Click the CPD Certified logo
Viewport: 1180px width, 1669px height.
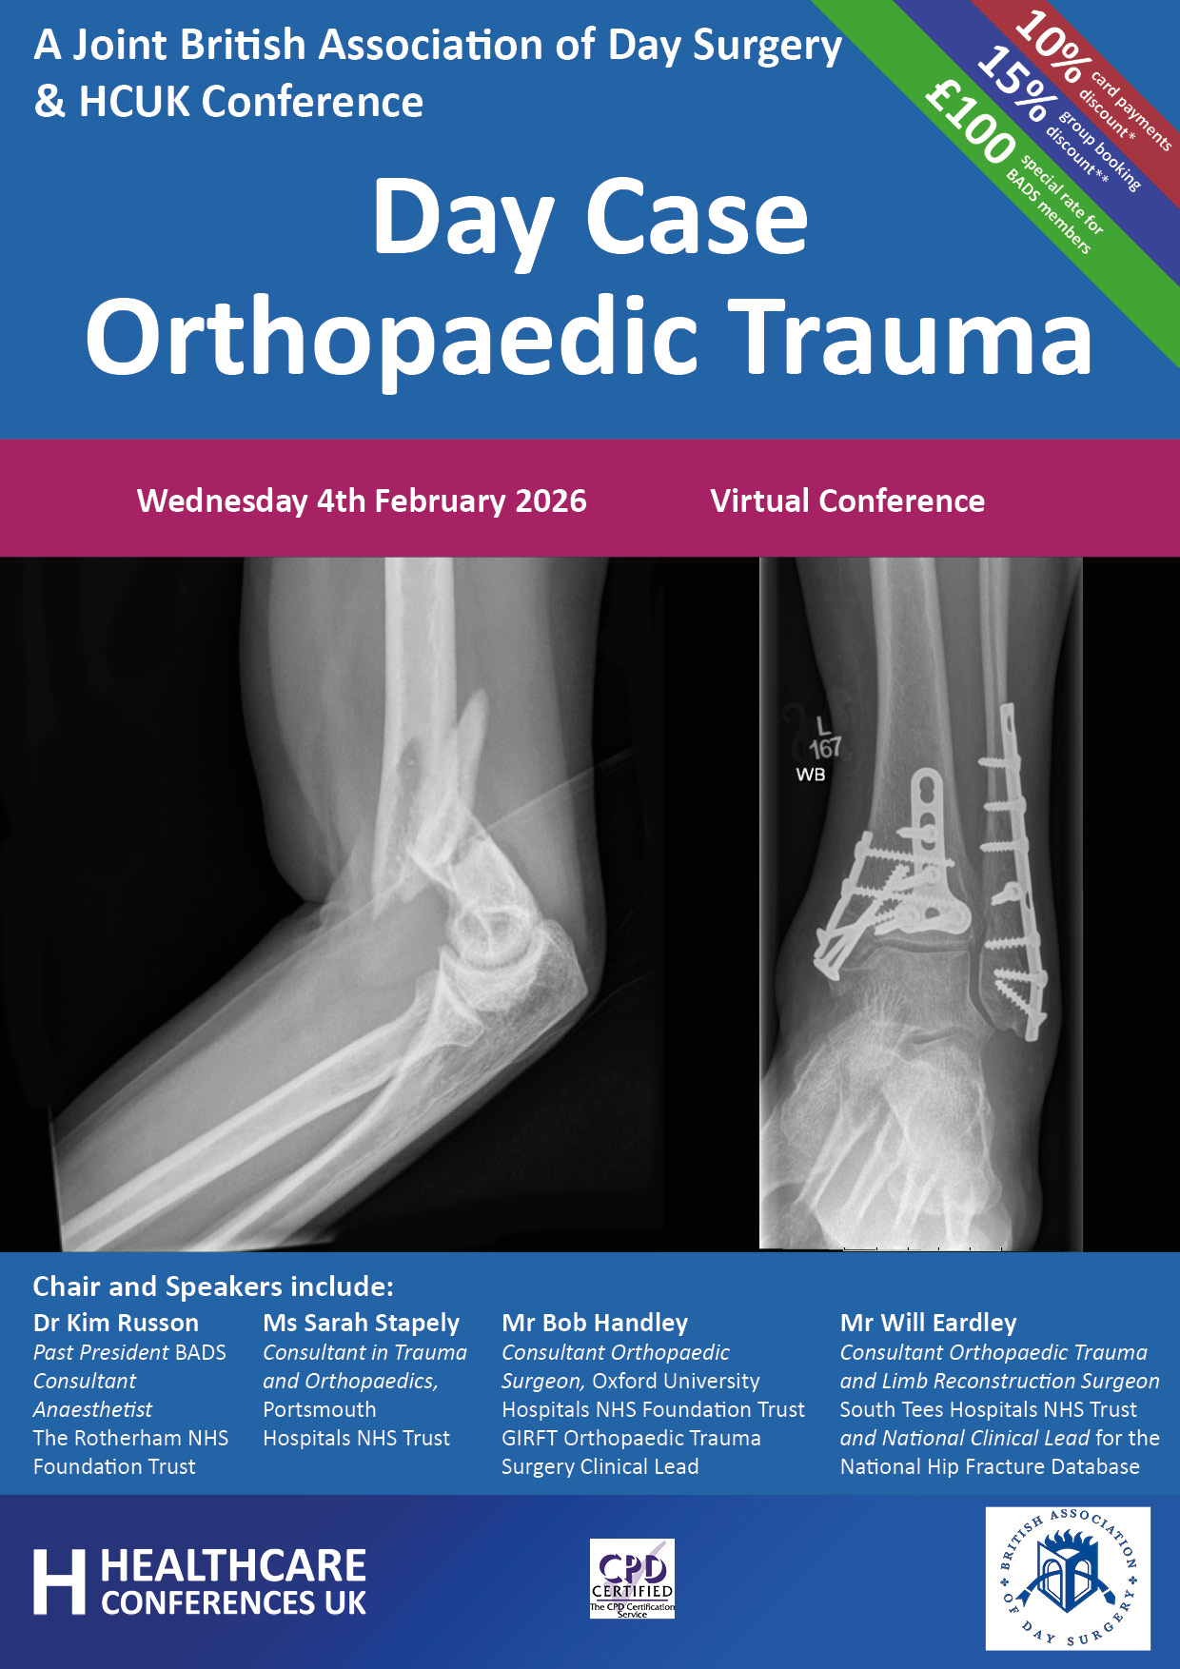[x=632, y=1579]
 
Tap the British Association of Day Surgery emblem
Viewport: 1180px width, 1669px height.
[x=1068, y=1579]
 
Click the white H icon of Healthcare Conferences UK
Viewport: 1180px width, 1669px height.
[x=59, y=1582]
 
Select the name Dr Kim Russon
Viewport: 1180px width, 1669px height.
[x=116, y=1323]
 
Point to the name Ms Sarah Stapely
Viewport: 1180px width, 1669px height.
[x=362, y=1324]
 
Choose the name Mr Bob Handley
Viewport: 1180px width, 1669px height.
[x=595, y=1323]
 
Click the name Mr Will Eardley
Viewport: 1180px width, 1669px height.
[x=929, y=1323]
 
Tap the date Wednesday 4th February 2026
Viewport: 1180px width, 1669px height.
[x=362, y=501]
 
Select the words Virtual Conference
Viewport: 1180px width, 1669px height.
[x=848, y=501]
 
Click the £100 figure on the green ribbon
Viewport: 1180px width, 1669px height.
[x=971, y=121]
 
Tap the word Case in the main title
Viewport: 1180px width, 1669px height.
[x=697, y=217]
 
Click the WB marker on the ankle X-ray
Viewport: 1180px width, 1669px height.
[x=811, y=775]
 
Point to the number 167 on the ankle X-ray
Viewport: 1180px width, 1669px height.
[x=825, y=748]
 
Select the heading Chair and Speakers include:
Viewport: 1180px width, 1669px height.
[x=213, y=1286]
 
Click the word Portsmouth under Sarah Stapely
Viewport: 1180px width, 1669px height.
[x=320, y=1409]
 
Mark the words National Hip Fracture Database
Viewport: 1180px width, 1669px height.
[x=990, y=1466]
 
